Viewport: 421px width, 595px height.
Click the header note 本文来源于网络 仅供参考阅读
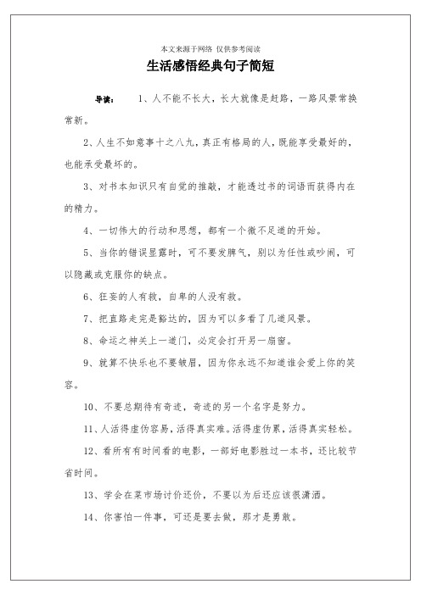click(210, 47)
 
